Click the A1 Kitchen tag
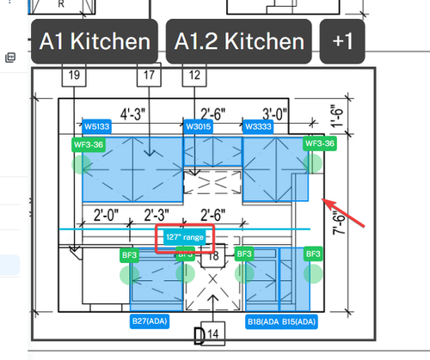(x=95, y=41)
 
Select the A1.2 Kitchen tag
(x=239, y=41)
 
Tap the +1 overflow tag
(x=342, y=41)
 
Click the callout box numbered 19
(x=74, y=75)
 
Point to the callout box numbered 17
(x=149, y=75)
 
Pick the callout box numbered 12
(x=194, y=75)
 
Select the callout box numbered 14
(x=213, y=333)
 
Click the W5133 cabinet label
(x=96, y=126)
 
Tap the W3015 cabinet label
(x=199, y=126)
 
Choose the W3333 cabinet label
(x=258, y=126)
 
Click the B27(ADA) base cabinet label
(x=150, y=321)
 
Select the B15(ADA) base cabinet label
(x=298, y=321)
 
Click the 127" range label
(x=185, y=237)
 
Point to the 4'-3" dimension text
(x=132, y=114)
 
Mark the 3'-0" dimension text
(x=274, y=114)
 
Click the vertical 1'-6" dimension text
(x=336, y=115)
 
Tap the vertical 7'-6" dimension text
(x=339, y=223)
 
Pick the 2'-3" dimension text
(x=157, y=215)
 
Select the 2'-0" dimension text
(x=106, y=215)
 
